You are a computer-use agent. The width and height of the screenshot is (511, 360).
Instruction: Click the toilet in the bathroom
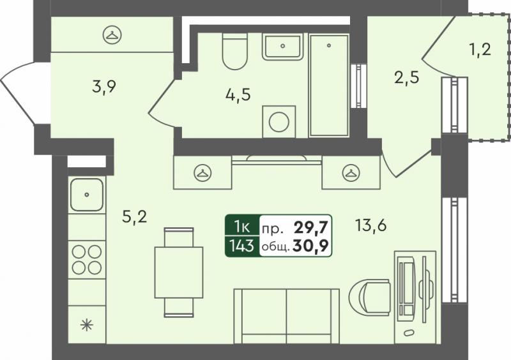(234, 52)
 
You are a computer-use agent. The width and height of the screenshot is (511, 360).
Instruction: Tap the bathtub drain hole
(329, 45)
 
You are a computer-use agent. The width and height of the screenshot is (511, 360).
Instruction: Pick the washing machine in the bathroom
(279, 121)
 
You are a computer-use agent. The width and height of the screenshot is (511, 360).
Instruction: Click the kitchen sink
(87, 195)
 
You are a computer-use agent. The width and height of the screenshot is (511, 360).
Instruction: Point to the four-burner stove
(87, 260)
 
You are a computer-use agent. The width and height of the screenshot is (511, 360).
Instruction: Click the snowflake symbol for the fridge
(87, 325)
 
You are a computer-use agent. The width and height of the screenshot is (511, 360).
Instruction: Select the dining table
(179, 273)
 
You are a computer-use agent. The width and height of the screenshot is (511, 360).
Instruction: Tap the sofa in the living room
(287, 316)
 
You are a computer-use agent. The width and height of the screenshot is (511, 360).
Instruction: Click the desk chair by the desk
(370, 298)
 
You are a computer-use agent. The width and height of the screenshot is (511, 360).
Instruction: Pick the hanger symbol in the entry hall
(112, 34)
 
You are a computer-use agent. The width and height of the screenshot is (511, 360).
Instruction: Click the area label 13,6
(371, 225)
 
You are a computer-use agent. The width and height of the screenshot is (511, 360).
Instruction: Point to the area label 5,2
(135, 216)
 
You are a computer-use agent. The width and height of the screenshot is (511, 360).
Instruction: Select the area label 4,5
(238, 95)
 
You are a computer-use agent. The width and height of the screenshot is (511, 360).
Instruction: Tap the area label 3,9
(104, 87)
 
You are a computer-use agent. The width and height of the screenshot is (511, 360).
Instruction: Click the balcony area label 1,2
(480, 50)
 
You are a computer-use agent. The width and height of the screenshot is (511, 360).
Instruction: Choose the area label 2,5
(406, 78)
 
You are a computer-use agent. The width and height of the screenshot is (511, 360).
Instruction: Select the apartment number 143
(242, 245)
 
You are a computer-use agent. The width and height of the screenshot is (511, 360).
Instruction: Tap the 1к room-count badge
(242, 227)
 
